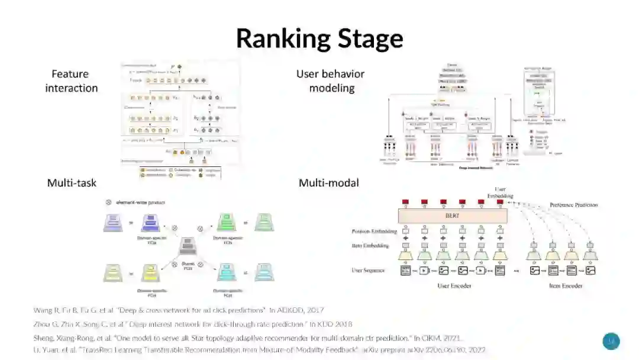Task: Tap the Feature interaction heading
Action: coord(71,81)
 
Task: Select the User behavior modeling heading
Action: coord(330,81)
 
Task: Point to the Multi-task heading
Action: coord(72,183)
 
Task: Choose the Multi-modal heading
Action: coord(328,183)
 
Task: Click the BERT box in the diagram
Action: coord(453,216)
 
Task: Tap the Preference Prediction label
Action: coord(573,205)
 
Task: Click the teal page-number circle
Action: coord(611,341)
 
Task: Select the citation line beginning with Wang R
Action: coord(178,310)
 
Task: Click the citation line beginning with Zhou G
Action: coord(192,324)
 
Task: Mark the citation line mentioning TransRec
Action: coord(259,350)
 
